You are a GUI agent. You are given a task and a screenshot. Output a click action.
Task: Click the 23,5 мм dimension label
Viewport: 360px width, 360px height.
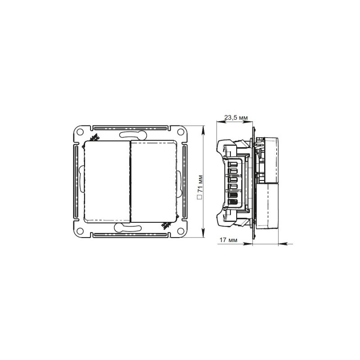(236, 117)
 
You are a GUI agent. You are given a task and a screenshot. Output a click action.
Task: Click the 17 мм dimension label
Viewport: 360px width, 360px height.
(227, 240)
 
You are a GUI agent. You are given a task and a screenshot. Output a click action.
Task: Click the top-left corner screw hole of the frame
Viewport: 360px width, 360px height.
(80, 132)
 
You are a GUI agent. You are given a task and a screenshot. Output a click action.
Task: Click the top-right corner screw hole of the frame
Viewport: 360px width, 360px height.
(180, 132)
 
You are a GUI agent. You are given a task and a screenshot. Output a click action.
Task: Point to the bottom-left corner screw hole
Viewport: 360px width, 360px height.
(80, 232)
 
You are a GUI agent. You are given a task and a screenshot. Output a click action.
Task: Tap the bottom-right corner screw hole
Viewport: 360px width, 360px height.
(180, 232)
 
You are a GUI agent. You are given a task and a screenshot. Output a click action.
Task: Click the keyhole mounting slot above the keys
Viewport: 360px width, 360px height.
(130, 134)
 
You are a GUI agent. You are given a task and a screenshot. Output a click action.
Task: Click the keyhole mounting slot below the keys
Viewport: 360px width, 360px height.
(130, 229)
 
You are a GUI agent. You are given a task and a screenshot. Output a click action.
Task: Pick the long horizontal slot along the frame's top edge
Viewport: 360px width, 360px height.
(130, 126)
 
